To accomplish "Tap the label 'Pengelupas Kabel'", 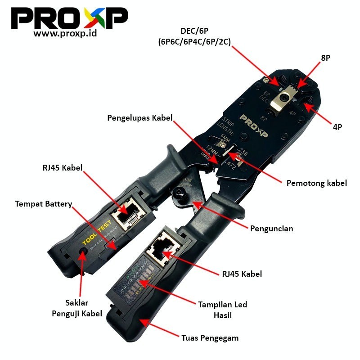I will coord(140,118).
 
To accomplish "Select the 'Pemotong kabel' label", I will coord(317,183).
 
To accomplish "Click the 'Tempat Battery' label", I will coord(43,204).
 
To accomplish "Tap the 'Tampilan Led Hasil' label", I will coord(223,310).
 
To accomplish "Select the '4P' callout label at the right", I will coord(337,127).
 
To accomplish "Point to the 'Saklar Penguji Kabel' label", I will coord(81,307).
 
